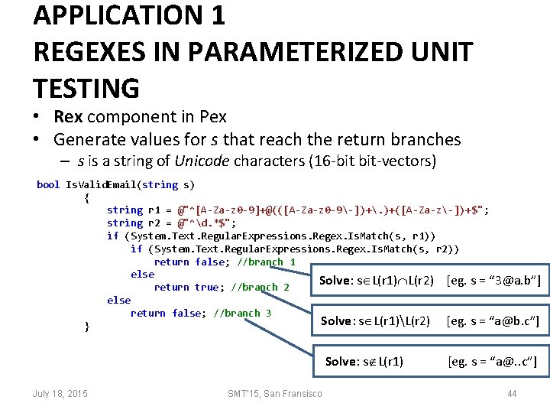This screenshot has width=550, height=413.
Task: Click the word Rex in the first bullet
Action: pyautogui.click(x=70, y=117)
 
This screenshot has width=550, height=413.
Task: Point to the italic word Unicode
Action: pyautogui.click(x=202, y=161)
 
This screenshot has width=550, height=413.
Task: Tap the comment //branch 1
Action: pyautogui.click(x=267, y=262)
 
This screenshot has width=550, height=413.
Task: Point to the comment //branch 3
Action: pyautogui.click(x=243, y=313)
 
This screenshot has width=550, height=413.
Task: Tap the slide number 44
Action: pyautogui.click(x=513, y=393)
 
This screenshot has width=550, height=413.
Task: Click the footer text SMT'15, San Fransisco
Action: pyautogui.click(x=274, y=393)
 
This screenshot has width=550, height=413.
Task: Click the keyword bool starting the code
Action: pyautogui.click(x=48, y=184)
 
